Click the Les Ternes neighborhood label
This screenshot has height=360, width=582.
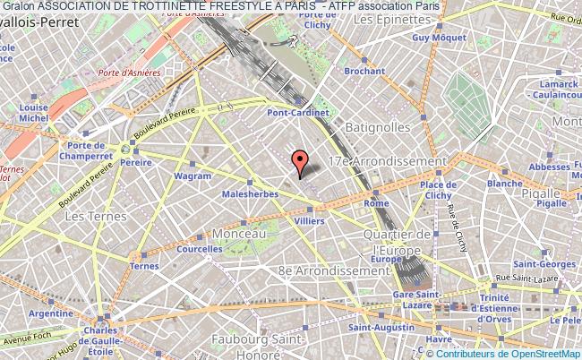tap(89, 216)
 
